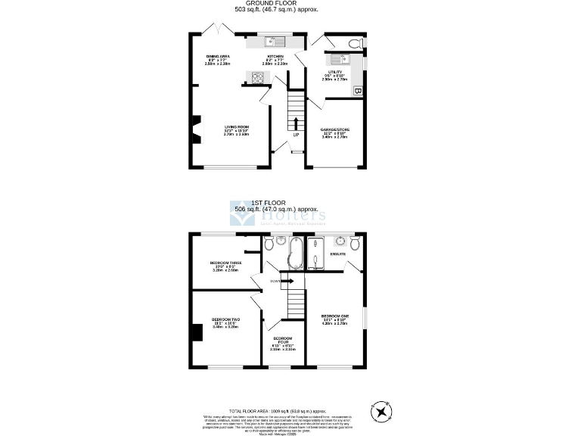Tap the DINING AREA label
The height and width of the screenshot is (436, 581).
218,57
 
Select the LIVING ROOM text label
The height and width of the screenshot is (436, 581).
237,126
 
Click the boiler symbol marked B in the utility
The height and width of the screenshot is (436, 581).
358,92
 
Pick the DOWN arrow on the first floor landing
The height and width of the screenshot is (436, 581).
285,280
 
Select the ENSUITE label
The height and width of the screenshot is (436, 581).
337,254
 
